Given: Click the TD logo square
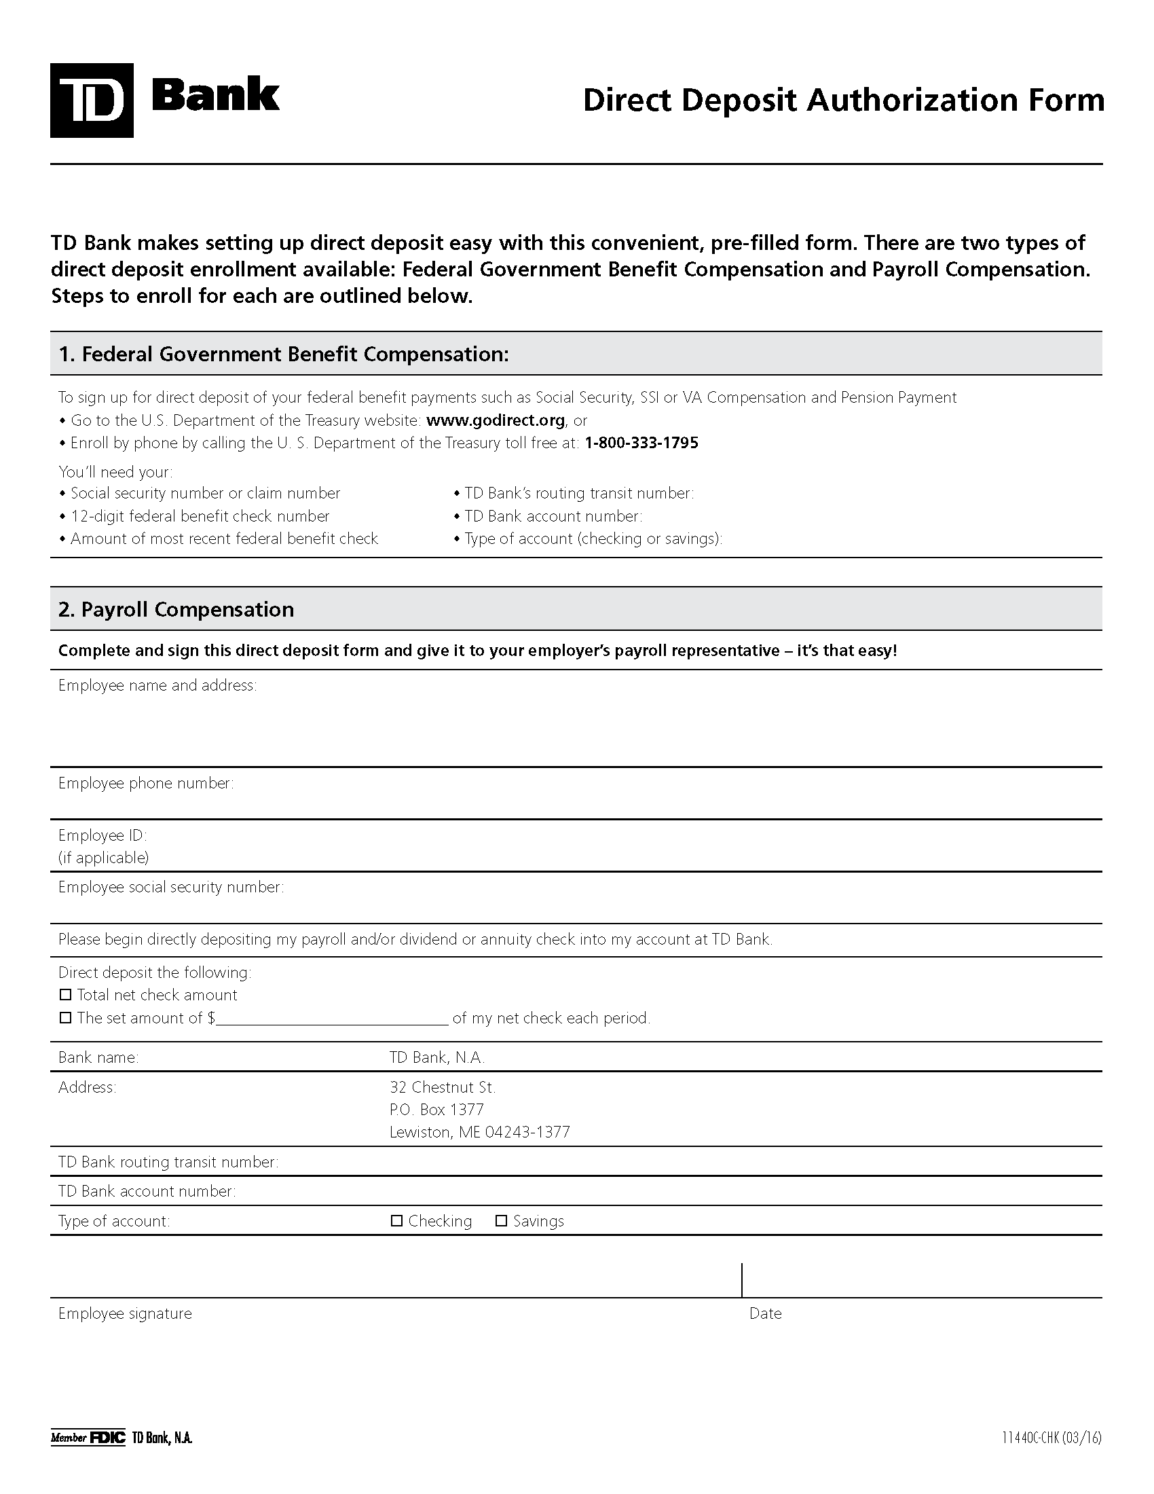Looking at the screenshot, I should pyautogui.click(x=92, y=100).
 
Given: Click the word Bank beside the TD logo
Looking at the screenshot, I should pyautogui.click(x=215, y=95).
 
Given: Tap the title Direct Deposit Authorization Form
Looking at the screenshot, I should pyautogui.click(x=843, y=100).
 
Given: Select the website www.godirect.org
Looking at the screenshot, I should pyautogui.click(x=495, y=420).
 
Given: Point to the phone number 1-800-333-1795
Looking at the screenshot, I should pyautogui.click(x=641, y=443).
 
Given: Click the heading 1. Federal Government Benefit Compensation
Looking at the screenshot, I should pyautogui.click(x=284, y=354).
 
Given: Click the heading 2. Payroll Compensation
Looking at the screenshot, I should pyautogui.click(x=176, y=609).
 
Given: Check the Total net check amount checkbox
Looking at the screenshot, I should pyautogui.click(x=66, y=995).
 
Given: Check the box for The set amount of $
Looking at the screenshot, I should pyautogui.click(x=66, y=1017).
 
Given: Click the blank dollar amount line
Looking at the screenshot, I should pyautogui.click(x=331, y=1019).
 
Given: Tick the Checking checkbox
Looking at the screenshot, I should pyautogui.click(x=396, y=1221).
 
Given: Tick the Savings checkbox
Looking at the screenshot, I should pyautogui.click(x=501, y=1221).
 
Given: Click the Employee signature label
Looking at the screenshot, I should pyautogui.click(x=125, y=1313).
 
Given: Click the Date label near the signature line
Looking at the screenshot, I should pyautogui.click(x=765, y=1313).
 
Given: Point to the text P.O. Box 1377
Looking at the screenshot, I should pyautogui.click(x=436, y=1109).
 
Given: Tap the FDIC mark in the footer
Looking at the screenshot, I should pyautogui.click(x=107, y=1437).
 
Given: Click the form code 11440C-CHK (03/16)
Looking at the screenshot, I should pyautogui.click(x=1051, y=1437).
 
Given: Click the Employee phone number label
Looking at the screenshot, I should pyautogui.click(x=146, y=783).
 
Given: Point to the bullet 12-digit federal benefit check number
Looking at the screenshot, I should pyautogui.click(x=200, y=516).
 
